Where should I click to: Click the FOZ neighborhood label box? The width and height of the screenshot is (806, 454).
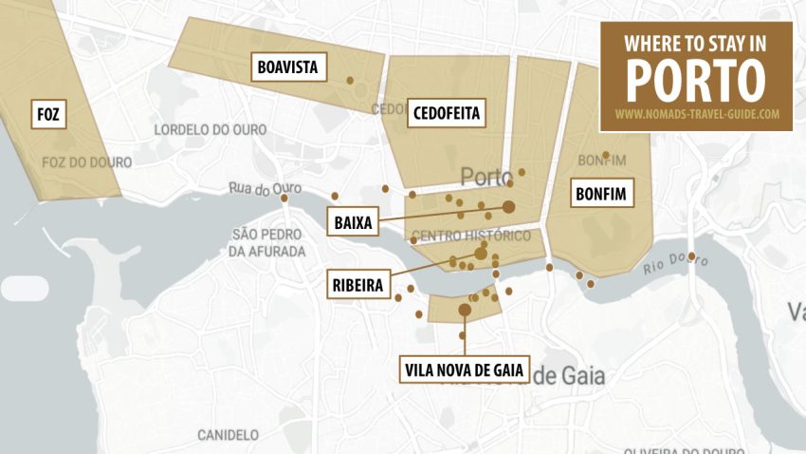coord(48,114)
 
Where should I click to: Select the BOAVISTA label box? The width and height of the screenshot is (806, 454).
coord(287,67)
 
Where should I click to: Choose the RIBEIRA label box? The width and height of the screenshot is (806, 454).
coord(357,285)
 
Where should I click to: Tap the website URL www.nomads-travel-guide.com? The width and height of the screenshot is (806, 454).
coord(697,114)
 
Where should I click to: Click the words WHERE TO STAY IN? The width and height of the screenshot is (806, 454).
coord(696,42)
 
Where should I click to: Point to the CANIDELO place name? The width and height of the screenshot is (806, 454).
coord(228,435)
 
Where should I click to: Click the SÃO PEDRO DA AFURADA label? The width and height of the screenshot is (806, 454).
coord(267,243)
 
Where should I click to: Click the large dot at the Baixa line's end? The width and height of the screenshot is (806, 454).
coord(508,206)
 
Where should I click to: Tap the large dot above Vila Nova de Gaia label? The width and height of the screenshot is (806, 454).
coord(464,310)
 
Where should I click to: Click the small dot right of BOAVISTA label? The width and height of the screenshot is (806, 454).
coord(350,80)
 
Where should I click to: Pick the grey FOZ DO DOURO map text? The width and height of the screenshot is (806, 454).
coord(87,162)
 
